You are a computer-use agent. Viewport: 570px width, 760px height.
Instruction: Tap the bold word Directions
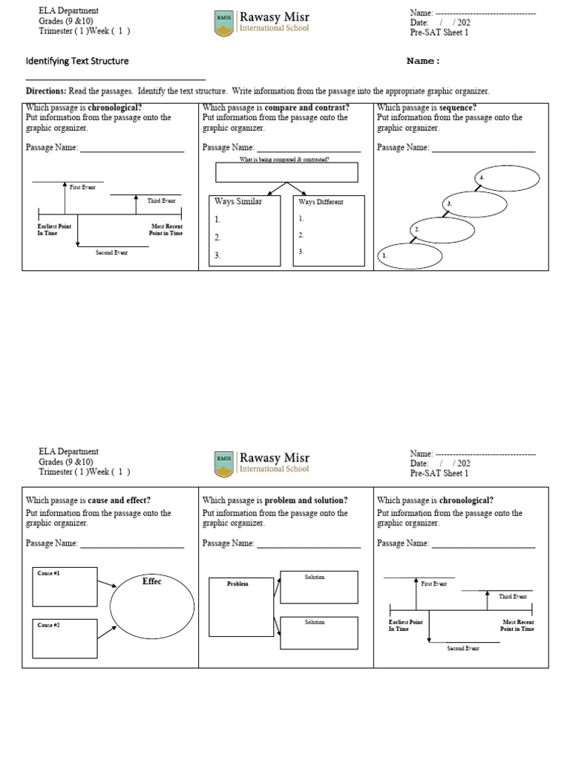pos(46,91)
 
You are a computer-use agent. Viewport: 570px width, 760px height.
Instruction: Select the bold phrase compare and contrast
pos(306,108)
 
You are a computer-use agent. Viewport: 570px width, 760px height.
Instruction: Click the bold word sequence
pos(458,108)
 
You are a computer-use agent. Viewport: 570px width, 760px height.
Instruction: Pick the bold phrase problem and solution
pos(305,500)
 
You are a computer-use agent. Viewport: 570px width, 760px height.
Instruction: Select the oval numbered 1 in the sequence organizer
pos(410,255)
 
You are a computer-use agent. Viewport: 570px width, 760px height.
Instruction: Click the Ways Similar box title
pos(237,201)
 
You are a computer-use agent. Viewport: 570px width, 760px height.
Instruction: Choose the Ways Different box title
pos(321,202)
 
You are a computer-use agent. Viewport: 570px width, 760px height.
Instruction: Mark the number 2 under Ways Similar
pos(217,237)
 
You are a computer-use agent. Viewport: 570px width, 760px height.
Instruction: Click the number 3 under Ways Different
pos(301,252)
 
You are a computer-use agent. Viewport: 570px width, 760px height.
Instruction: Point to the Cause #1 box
pos(65,587)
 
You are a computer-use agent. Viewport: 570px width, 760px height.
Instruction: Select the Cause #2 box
pos(65,638)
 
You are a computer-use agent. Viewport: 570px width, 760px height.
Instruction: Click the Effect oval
pos(152,605)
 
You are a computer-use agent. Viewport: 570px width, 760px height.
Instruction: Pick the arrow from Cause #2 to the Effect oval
pos(105,632)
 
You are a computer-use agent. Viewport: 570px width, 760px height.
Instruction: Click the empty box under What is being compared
pos(286,172)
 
